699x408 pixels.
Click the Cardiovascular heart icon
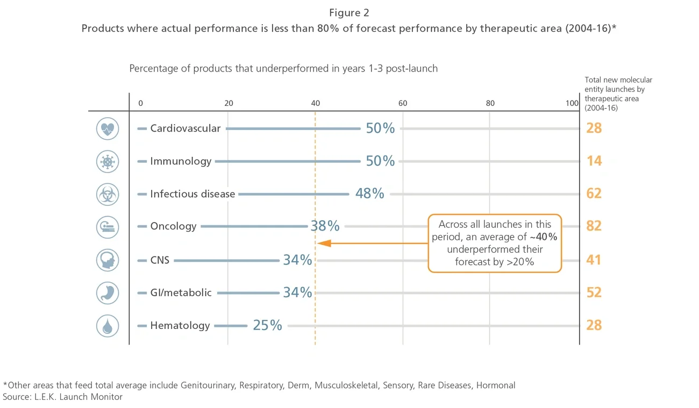pyautogui.click(x=108, y=129)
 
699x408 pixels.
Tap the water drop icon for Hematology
pyautogui.click(x=108, y=326)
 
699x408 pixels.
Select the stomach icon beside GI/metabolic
pyautogui.click(x=108, y=293)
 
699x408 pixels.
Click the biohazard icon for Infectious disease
pyautogui.click(x=108, y=194)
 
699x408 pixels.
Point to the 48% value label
pyautogui.click(x=369, y=194)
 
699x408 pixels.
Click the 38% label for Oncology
pyautogui.click(x=325, y=226)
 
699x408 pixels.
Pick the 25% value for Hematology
pyautogui.click(x=267, y=325)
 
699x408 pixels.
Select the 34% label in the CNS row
pyautogui.click(x=297, y=260)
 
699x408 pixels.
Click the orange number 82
pyautogui.click(x=594, y=226)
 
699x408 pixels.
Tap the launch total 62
pyautogui.click(x=594, y=194)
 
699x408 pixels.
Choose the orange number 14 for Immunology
pyautogui.click(x=594, y=161)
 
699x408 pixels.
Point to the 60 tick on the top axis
pyautogui.click(x=402, y=103)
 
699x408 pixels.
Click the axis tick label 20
pyautogui.click(x=229, y=103)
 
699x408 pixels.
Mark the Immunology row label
pyautogui.click(x=181, y=161)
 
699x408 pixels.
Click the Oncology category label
pyautogui.click(x=173, y=226)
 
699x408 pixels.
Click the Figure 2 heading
pyautogui.click(x=349, y=13)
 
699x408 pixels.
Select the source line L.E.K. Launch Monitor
pyautogui.click(x=63, y=397)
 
